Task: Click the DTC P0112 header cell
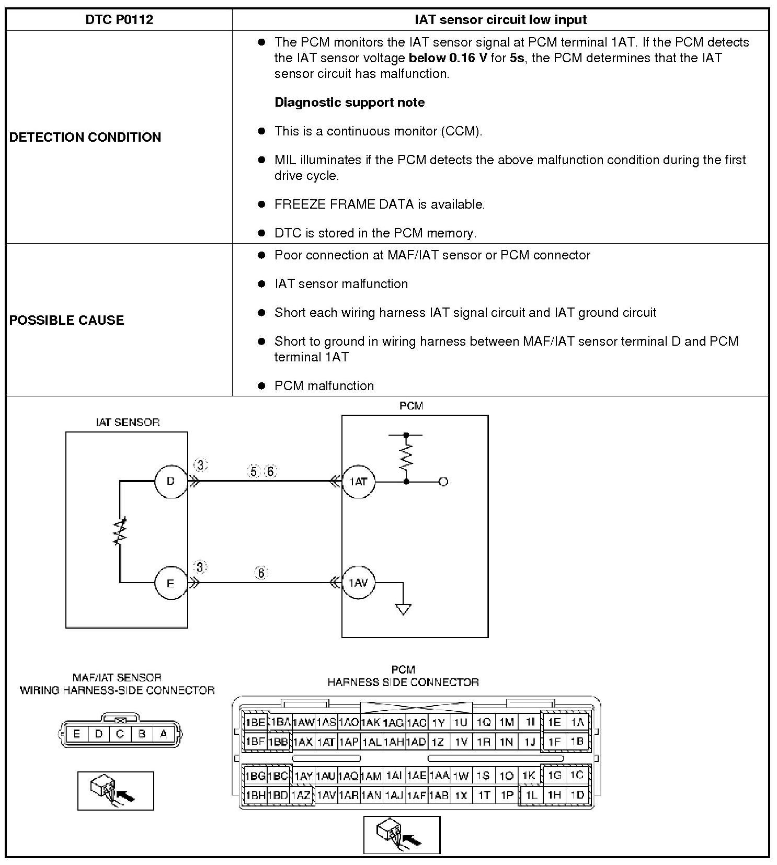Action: point(119,20)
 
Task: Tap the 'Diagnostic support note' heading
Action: point(349,103)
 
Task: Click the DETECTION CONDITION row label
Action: point(85,138)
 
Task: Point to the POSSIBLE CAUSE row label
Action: point(66,321)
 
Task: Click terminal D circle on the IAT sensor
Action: point(170,481)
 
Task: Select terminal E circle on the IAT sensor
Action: point(170,583)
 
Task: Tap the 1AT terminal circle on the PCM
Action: point(358,481)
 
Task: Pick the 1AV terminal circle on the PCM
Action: point(358,583)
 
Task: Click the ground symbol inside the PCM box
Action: point(403,609)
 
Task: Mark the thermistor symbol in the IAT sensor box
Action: point(120,531)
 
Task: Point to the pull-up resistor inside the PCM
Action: point(406,457)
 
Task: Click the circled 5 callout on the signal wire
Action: point(254,472)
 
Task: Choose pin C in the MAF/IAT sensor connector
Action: point(120,734)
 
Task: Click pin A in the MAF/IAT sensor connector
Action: point(164,734)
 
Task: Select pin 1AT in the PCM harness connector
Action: point(326,742)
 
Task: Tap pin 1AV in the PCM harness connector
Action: point(326,795)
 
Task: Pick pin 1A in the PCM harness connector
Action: point(577,722)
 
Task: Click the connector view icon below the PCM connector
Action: point(402,835)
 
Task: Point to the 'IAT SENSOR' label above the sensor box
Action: point(128,423)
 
